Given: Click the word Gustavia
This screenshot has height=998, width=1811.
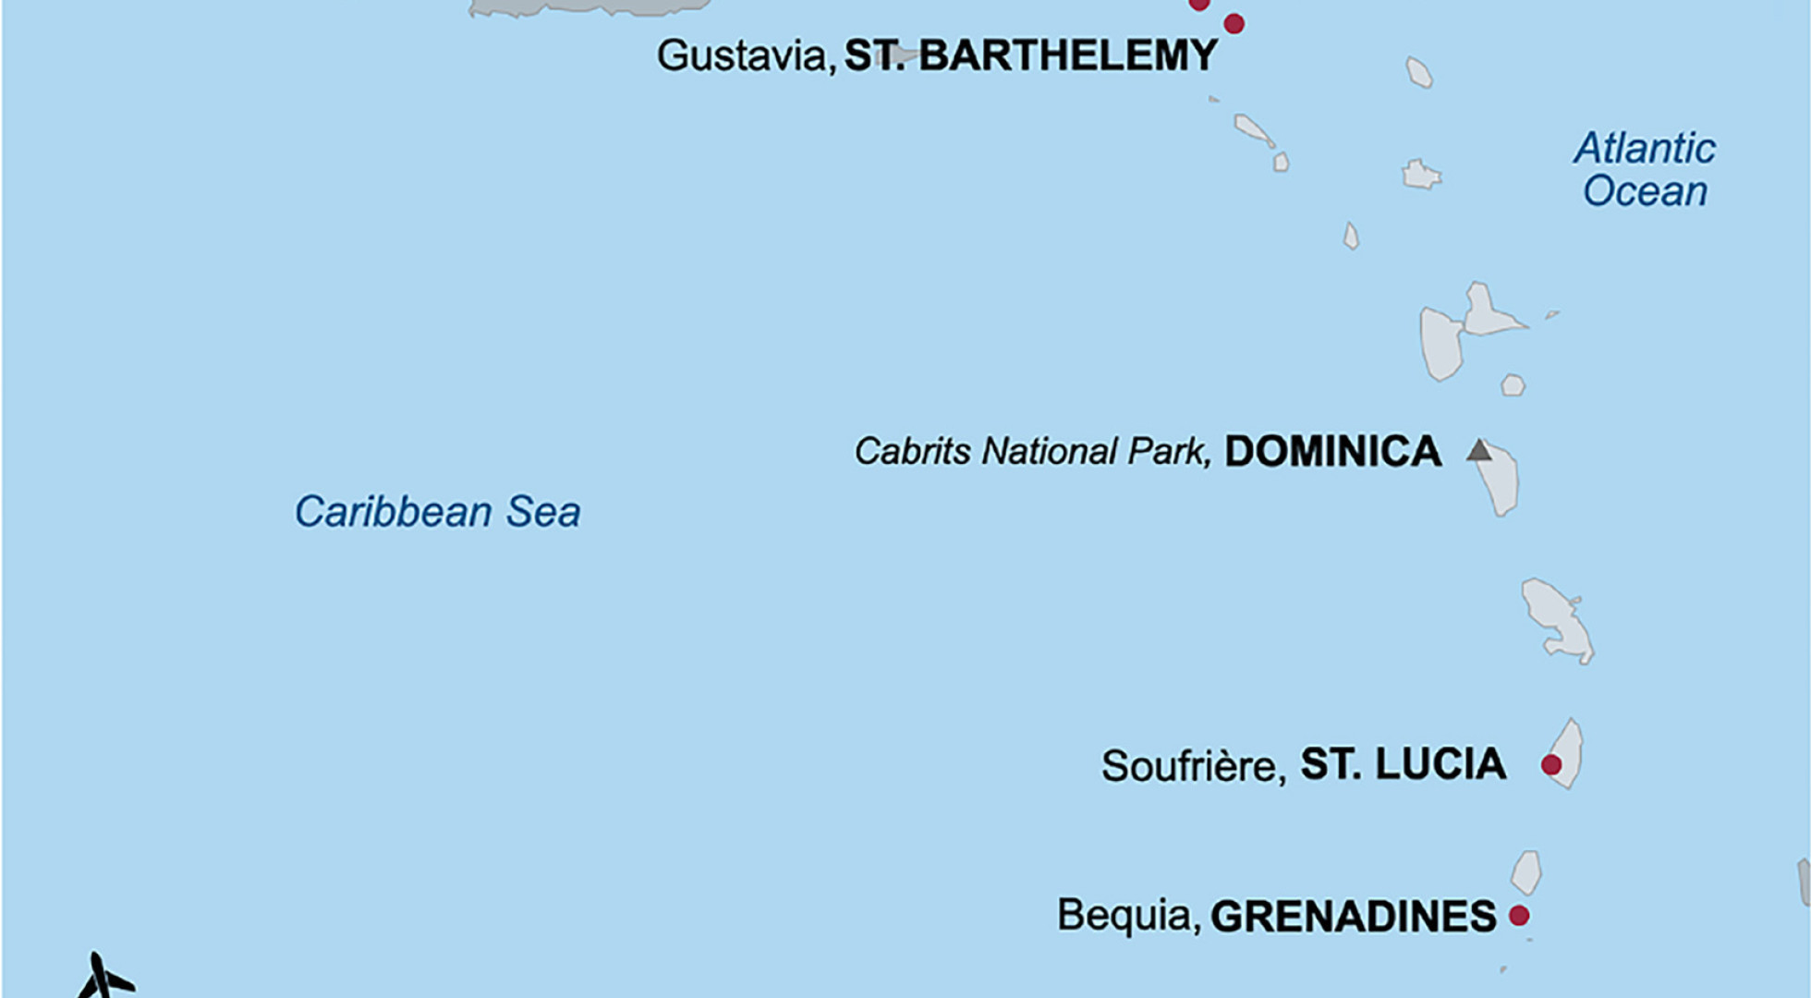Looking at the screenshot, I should pos(743,56).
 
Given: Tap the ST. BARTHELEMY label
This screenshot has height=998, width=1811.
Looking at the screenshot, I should pos(1031,56).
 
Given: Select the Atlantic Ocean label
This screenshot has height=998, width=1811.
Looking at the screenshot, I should pos(1645,170).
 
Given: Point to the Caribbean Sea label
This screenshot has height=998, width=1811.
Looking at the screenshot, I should pos(437,512).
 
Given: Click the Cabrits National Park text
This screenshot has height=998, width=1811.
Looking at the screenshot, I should pos(1031,452).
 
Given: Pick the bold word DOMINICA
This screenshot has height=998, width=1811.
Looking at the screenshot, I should pos(1332,452).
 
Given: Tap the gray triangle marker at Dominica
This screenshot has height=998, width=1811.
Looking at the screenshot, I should pos(1479,451).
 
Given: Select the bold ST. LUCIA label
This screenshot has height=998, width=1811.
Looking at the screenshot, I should pos(1403,765).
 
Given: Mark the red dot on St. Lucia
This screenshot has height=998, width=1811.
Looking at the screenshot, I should pos(1551,765).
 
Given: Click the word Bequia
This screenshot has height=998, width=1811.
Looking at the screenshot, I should pos(1128,916).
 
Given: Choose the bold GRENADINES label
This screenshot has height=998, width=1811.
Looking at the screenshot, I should pos(1353,917).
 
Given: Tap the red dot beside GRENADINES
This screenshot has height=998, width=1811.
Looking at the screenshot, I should pos(1519,916).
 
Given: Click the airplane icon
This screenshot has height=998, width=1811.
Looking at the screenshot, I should pos(103,978).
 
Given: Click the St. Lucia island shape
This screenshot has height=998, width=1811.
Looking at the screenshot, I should pos(1568,753).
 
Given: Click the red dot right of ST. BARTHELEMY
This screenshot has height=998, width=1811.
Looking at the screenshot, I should pos(1234,24).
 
